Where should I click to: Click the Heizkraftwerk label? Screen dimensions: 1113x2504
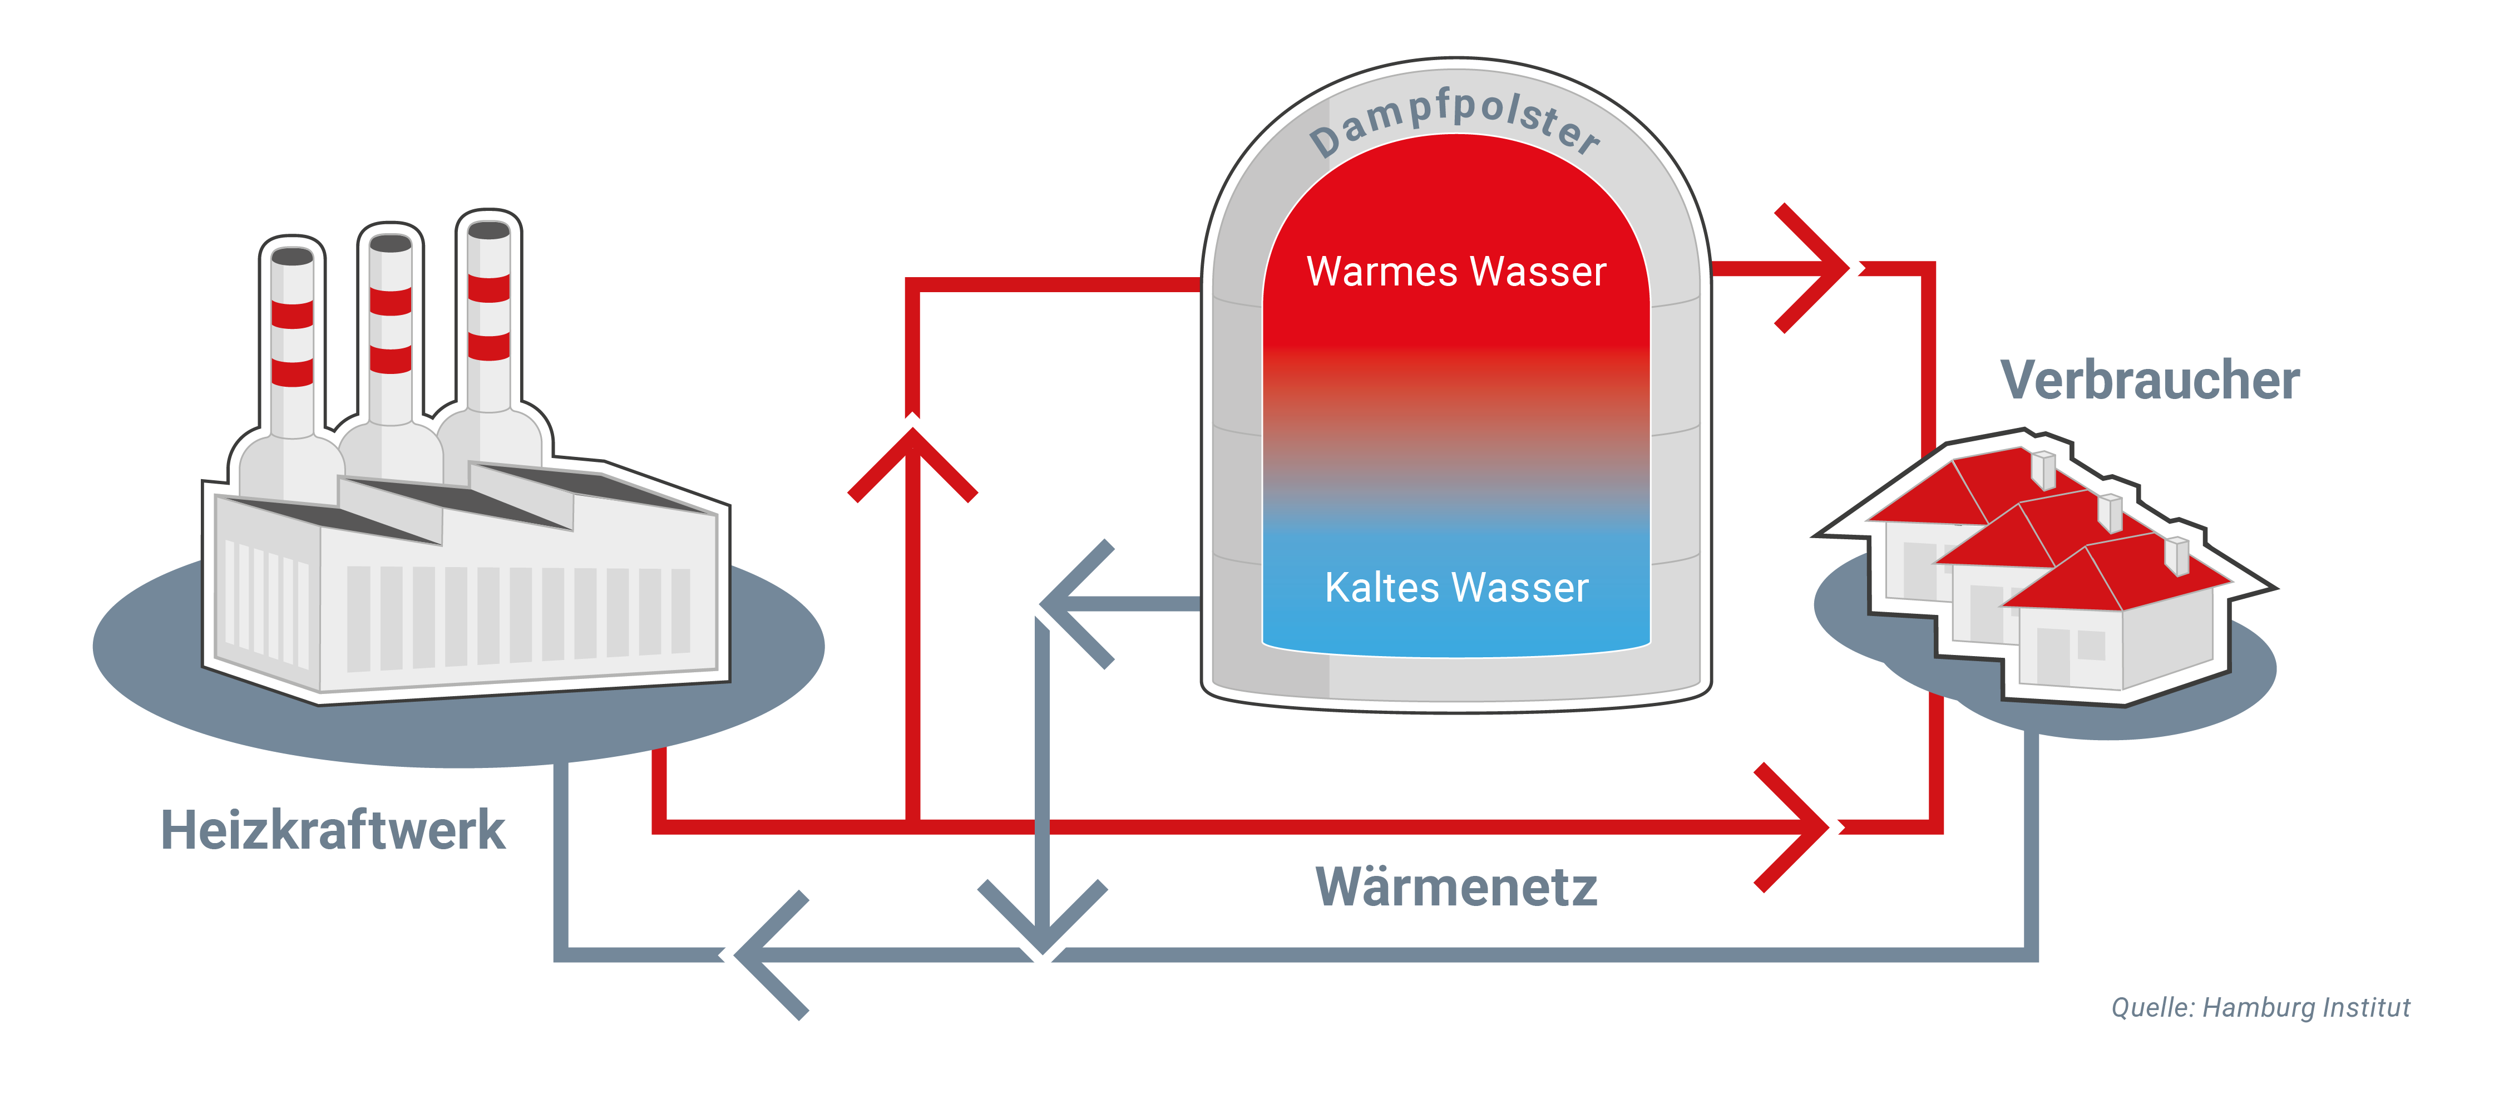tap(333, 831)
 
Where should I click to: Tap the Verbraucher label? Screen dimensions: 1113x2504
tap(2149, 380)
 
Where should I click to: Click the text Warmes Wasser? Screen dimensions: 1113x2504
tap(1455, 272)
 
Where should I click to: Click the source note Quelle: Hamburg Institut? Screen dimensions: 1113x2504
tap(2260, 1007)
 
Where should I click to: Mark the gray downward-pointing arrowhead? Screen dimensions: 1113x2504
tap(1042, 919)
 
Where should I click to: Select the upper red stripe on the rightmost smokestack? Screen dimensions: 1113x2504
tap(489, 289)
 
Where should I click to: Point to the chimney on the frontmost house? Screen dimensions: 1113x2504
tap(2177, 555)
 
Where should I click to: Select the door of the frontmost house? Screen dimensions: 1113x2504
tap(2051, 656)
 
